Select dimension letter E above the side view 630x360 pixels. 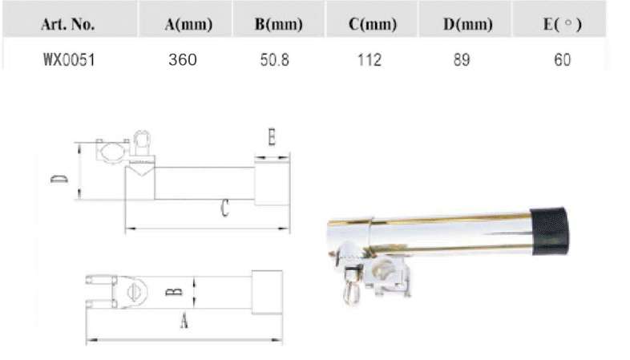coord(272,139)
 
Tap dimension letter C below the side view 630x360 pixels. coord(224,211)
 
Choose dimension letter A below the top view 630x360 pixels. coord(184,322)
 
